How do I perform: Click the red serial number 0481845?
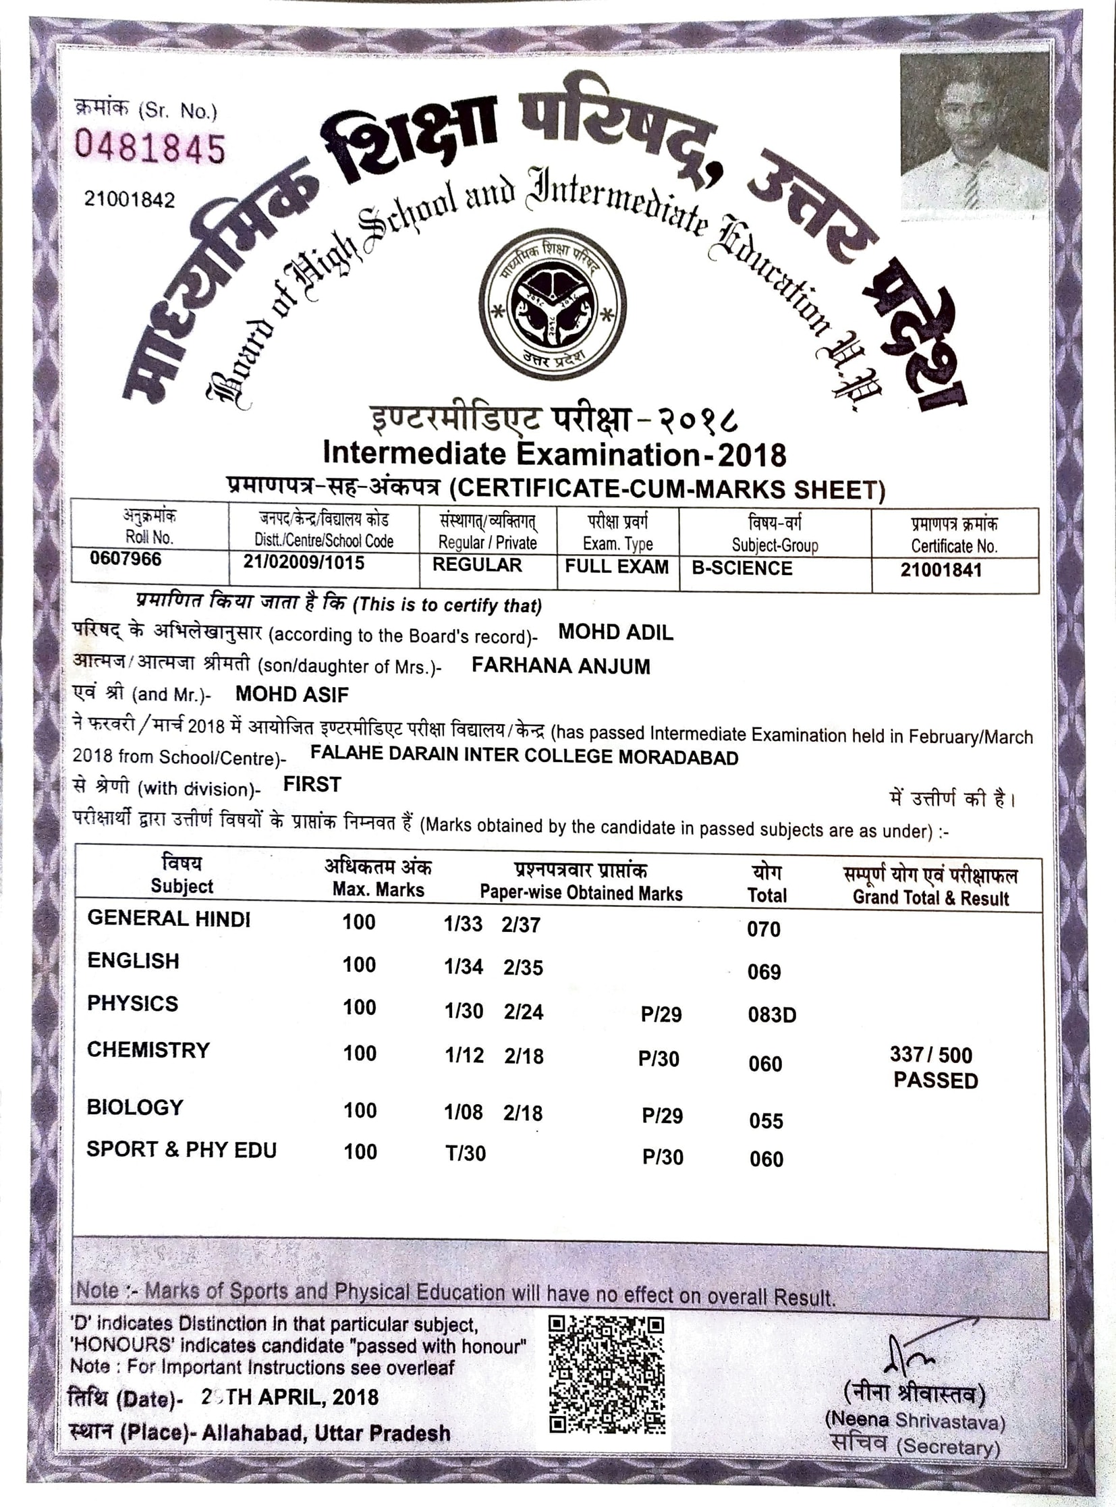[149, 148]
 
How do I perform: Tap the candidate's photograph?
[974, 132]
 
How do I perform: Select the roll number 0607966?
[125, 559]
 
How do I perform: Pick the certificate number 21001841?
[941, 570]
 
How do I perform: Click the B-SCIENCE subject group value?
[742, 568]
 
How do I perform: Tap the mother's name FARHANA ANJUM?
[561, 665]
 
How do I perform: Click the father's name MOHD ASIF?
[292, 694]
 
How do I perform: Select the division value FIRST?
[312, 784]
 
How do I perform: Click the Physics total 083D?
[771, 1014]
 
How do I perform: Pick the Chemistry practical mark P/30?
[659, 1058]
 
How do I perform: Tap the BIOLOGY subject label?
[135, 1107]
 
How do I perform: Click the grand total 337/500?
[931, 1054]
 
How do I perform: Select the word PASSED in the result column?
[936, 1080]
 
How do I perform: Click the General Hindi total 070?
[763, 929]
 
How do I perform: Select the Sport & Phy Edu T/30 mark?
[466, 1153]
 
